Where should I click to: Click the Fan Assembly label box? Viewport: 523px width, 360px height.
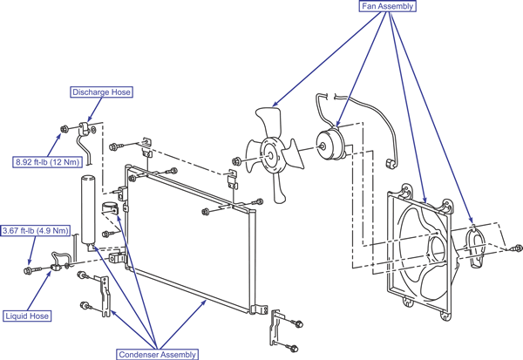(387, 6)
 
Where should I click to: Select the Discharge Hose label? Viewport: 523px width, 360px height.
(101, 92)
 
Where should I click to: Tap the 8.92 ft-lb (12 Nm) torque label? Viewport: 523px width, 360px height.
(47, 162)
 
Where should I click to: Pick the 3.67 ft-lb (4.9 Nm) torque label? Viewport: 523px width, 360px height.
(36, 230)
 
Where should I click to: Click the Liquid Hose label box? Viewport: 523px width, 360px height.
(27, 316)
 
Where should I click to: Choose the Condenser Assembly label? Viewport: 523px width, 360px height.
(157, 354)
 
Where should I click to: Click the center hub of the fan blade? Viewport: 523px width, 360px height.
(270, 155)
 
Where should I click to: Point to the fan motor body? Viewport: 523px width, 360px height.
(329, 145)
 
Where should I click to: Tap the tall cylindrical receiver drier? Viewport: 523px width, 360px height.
(88, 211)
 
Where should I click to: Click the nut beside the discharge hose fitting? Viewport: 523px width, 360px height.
(65, 129)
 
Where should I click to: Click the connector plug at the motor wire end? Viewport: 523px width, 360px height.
(390, 164)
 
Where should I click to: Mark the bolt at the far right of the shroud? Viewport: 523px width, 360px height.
(518, 248)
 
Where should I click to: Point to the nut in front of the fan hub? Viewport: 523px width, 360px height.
(237, 162)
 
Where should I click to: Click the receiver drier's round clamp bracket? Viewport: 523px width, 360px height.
(110, 207)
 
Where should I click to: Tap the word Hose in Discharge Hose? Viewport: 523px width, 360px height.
(121, 92)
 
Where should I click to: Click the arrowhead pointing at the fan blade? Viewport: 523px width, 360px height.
(275, 104)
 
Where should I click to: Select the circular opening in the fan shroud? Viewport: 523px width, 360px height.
(438, 251)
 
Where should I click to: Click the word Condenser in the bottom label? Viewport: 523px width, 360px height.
(139, 354)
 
